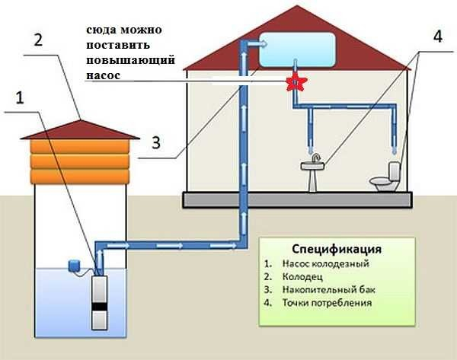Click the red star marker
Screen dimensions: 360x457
[292, 83]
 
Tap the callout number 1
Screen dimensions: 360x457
[20, 98]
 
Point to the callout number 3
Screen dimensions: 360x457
[155, 142]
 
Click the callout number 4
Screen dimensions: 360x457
[436, 36]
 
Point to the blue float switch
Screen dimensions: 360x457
[75, 264]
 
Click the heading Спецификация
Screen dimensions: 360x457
[336, 250]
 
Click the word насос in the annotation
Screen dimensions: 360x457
[102, 76]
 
